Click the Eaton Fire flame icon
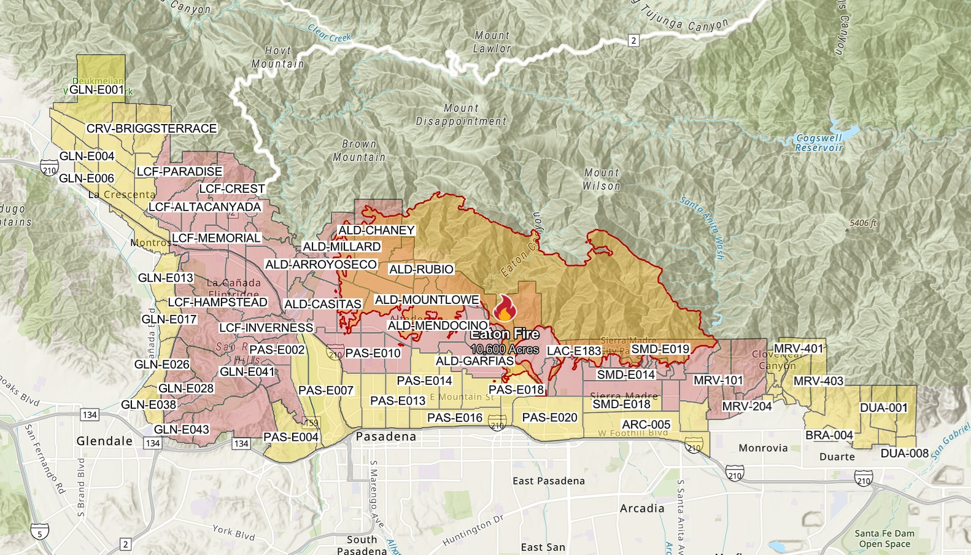[504, 308]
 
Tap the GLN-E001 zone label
[96, 90]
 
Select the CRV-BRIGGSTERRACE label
[152, 128]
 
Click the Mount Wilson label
[602, 179]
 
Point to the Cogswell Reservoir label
[819, 143]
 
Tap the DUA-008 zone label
[904, 453]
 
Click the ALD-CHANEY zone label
[376, 230]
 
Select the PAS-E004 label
[291, 437]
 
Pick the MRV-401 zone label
[798, 349]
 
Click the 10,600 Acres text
[505, 349]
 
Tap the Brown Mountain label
[359, 150]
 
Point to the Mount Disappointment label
[461, 115]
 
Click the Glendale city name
[104, 441]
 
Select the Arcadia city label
[642, 508]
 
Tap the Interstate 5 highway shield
[40, 534]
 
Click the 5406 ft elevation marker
[863, 223]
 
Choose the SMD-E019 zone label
[660, 349]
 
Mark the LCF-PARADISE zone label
[179, 171]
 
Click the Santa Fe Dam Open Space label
[884, 538]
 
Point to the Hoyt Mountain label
[277, 57]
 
